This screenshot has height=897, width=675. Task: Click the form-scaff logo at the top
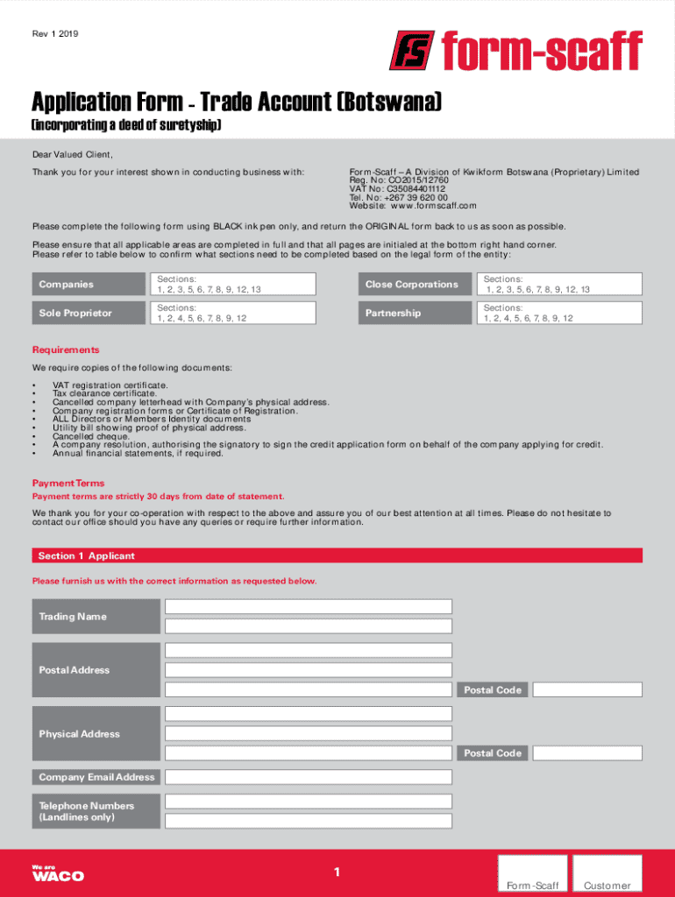pos(515,51)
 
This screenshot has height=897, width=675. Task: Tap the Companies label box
pos(88,284)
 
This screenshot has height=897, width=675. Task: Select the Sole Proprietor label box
pos(88,313)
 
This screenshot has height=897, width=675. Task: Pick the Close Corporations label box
pos(413,284)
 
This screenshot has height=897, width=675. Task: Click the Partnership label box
pos(413,313)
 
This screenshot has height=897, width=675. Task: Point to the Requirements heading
pos(66,350)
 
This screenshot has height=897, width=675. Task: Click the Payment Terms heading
pos(68,483)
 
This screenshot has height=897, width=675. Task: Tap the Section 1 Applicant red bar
pos(337,555)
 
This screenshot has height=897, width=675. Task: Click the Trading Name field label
pos(96,616)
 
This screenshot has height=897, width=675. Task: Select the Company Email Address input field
pos(309,777)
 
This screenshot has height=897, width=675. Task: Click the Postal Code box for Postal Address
pos(587,689)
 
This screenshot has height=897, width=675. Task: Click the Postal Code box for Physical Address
pos(587,753)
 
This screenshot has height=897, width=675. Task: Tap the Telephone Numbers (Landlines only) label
pos(96,811)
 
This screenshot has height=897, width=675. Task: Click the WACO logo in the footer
pos(58,873)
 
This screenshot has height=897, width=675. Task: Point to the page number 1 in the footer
pos(337,872)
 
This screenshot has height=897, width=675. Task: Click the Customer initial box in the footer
pos(607,876)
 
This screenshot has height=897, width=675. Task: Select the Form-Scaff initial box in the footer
pos(532,876)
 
